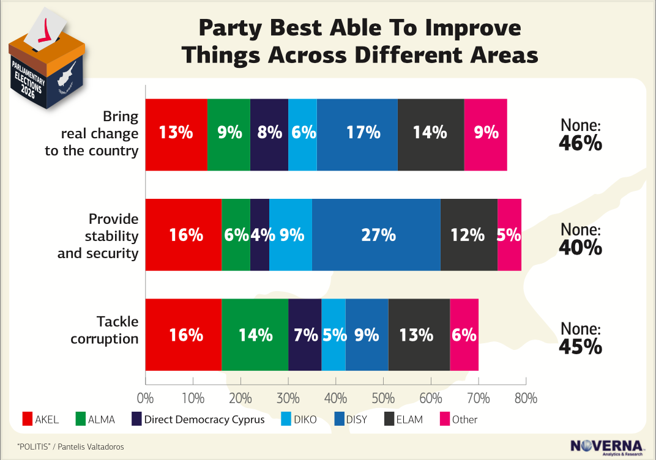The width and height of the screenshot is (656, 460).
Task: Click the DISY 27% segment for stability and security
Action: (x=376, y=235)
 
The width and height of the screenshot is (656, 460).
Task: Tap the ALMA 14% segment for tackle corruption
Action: (x=255, y=335)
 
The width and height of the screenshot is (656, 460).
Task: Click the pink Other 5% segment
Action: (x=509, y=235)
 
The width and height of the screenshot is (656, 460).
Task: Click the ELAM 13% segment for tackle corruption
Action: (x=419, y=335)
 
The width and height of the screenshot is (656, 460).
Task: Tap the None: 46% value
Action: (x=581, y=135)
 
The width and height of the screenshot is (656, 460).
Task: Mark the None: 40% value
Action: (x=581, y=239)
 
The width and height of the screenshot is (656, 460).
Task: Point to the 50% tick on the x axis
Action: (x=383, y=398)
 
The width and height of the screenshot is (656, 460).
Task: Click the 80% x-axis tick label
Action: (x=526, y=398)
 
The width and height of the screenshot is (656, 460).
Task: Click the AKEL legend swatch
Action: (x=28, y=420)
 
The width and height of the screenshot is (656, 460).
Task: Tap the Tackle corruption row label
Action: (x=105, y=330)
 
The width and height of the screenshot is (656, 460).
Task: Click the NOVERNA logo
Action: (x=606, y=447)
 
